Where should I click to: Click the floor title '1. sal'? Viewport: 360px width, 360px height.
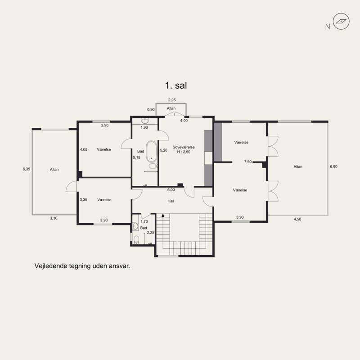tap(176, 85)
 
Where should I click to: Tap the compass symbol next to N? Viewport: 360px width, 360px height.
tap(341, 21)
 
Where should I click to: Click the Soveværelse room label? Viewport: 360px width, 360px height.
tap(184, 147)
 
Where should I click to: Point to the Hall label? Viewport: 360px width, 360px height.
tap(171, 201)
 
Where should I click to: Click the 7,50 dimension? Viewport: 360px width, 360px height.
tap(248, 162)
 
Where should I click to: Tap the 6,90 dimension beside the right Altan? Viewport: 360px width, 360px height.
tap(333, 166)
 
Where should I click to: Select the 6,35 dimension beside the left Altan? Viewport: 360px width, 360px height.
tap(27, 169)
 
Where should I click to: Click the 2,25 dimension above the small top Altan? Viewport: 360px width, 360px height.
tap(172, 100)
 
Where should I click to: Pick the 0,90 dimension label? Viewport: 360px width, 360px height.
tap(151, 109)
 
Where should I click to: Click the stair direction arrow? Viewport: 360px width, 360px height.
tap(163, 216)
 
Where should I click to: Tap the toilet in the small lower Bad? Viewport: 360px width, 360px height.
tap(136, 240)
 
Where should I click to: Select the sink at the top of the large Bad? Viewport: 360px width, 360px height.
tap(145, 121)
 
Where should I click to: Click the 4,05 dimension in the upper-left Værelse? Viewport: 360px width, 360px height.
tap(84, 149)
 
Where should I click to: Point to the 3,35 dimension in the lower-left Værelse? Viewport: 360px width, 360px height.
tap(83, 200)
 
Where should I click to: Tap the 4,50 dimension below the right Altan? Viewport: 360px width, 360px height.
tap(297, 219)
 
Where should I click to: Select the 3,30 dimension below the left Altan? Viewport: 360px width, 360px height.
tap(54, 218)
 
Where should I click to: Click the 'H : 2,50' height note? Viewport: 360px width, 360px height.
tap(184, 152)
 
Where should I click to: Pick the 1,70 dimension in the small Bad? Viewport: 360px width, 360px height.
tap(144, 221)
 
